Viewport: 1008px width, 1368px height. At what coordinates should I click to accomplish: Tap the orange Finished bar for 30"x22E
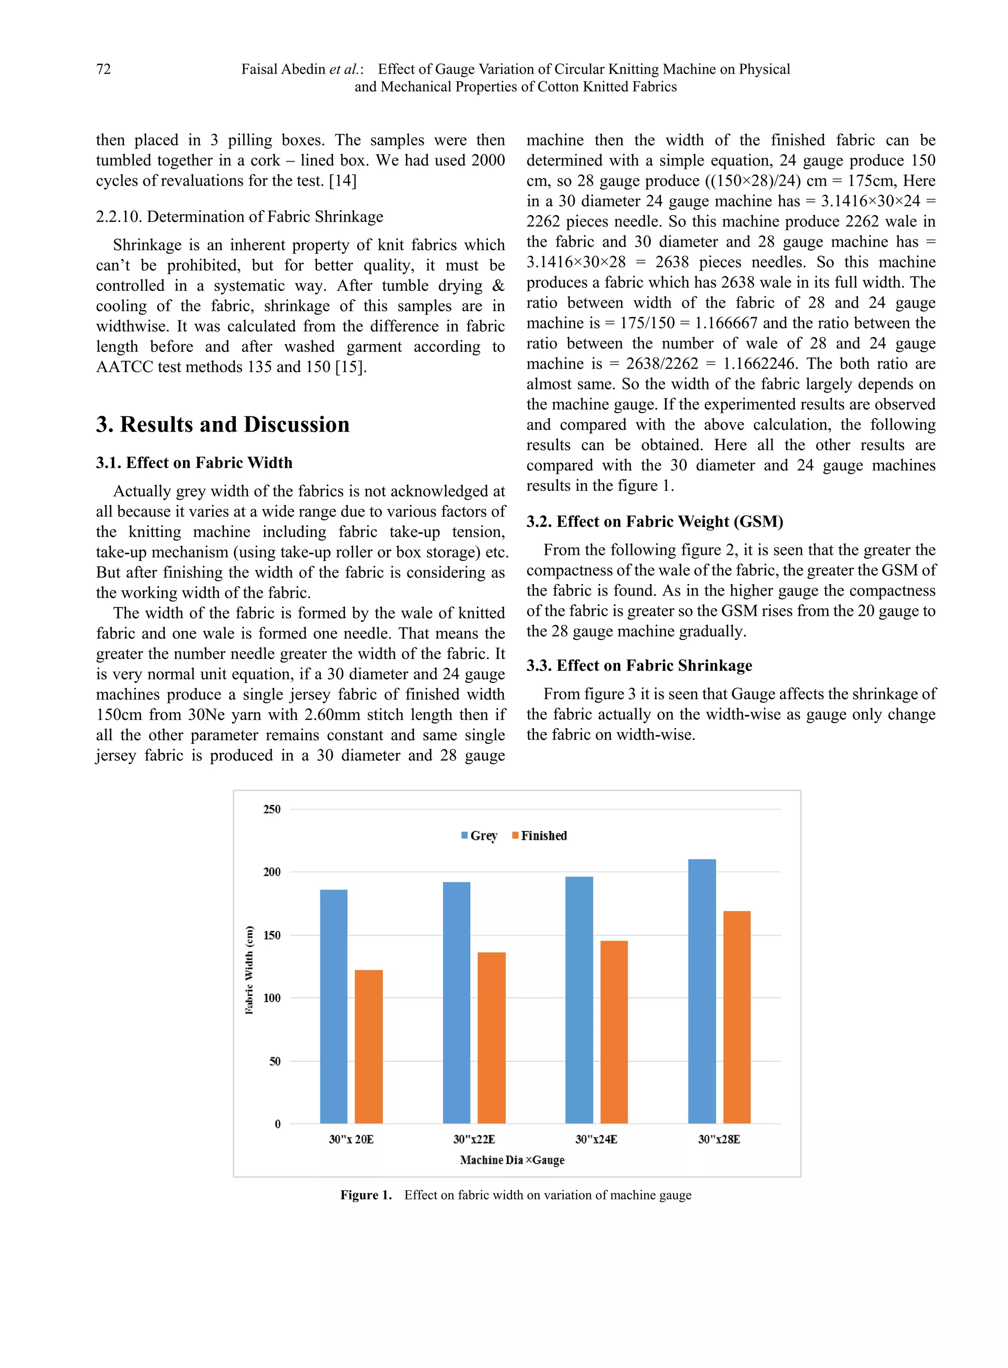point(491,1037)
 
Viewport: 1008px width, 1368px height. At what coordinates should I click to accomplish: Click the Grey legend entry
point(479,835)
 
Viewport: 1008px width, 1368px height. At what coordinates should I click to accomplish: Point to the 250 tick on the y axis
point(272,809)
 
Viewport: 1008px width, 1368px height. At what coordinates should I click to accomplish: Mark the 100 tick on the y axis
point(272,998)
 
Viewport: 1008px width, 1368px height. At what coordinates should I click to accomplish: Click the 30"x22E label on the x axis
point(474,1139)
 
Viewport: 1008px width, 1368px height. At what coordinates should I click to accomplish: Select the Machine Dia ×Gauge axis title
point(512,1160)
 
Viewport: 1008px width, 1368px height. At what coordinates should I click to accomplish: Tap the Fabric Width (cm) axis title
point(249,970)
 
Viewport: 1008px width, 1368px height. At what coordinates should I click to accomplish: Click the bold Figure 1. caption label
point(366,1195)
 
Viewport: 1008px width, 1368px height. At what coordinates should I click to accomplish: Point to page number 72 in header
point(104,69)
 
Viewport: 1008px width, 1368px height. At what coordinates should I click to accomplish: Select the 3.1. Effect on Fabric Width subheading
point(194,463)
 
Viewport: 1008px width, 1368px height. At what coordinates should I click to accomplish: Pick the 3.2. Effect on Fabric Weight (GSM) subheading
point(655,521)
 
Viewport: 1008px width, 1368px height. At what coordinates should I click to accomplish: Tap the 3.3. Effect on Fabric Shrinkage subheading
point(639,665)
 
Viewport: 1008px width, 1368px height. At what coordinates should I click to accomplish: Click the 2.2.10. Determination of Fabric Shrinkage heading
point(239,217)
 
